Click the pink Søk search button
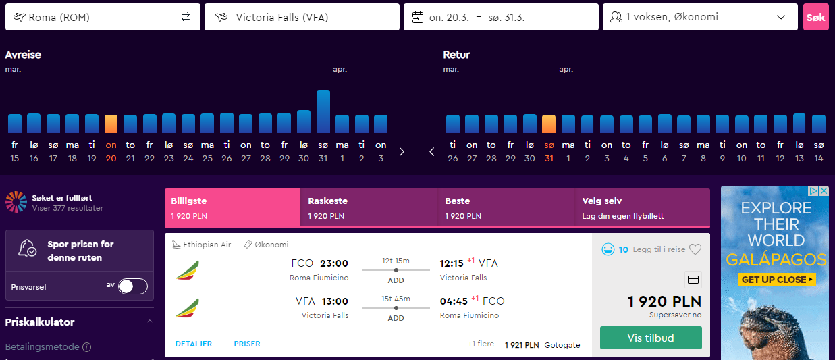[x=815, y=17]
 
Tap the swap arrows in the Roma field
[x=186, y=17]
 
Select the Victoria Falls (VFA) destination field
[x=302, y=17]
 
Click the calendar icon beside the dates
[x=417, y=17]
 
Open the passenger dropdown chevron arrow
[x=780, y=17]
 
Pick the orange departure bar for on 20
[x=111, y=124]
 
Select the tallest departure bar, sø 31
[x=323, y=111]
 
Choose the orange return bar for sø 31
[x=549, y=124]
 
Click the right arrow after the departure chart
[x=402, y=152]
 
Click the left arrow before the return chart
[x=431, y=152]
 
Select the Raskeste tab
[x=369, y=208]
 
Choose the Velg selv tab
[x=642, y=208]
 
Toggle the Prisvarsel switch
[x=133, y=286]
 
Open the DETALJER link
[x=194, y=344]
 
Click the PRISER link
[x=247, y=344]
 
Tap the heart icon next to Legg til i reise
[x=695, y=249]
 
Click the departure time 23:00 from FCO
[x=334, y=263]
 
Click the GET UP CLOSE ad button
[x=777, y=280]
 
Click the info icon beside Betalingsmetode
[x=87, y=347]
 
